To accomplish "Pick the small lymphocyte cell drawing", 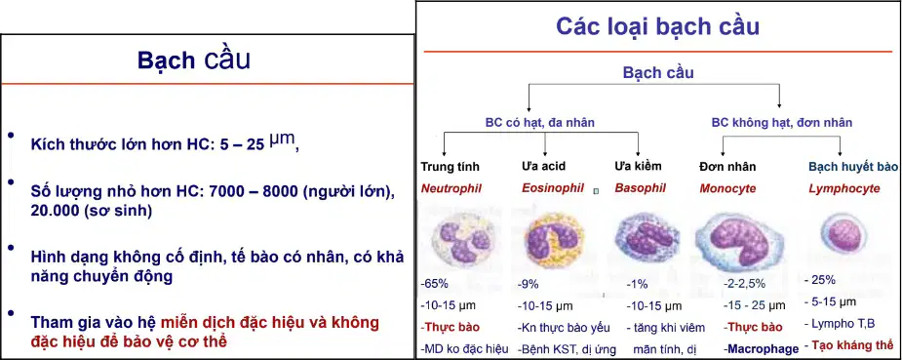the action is [x=843, y=234].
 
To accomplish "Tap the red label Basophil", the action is [x=641, y=188].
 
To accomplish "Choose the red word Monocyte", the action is [x=727, y=189].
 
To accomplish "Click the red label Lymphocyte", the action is [x=843, y=189].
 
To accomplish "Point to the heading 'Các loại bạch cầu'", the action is [x=657, y=26].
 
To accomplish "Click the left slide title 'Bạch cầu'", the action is [x=194, y=60].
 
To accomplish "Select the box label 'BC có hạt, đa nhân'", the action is [x=539, y=123].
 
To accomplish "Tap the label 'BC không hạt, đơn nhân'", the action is [x=782, y=123].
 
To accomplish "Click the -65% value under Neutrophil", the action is [x=434, y=284].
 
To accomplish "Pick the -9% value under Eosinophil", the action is [x=529, y=284].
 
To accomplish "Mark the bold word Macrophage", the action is [x=762, y=348].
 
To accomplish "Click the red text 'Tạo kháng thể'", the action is [x=850, y=346].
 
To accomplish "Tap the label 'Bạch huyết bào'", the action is [x=853, y=167].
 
